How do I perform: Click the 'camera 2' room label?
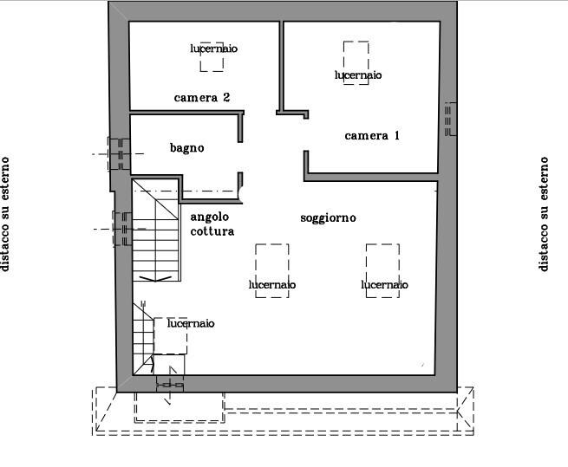pos(202,97)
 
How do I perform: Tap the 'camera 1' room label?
pos(372,136)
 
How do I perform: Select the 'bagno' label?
pos(187,148)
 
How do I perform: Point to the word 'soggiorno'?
pos(328,218)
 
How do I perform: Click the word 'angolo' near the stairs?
pos(209,217)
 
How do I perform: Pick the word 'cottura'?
pos(212,231)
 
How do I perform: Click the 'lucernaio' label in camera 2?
pos(214,49)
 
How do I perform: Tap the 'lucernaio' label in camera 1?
pos(358,75)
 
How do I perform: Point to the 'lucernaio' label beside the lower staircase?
pos(191,323)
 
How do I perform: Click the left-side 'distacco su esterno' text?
pos(4,214)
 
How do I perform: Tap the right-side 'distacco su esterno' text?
pos(544,214)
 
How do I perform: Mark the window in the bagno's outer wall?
pos(119,154)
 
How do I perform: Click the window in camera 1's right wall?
pos(450,119)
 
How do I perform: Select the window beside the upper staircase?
pos(123,229)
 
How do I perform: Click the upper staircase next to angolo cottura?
pos(156,230)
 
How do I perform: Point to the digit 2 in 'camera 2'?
pos(226,97)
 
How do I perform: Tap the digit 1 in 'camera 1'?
pos(396,136)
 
